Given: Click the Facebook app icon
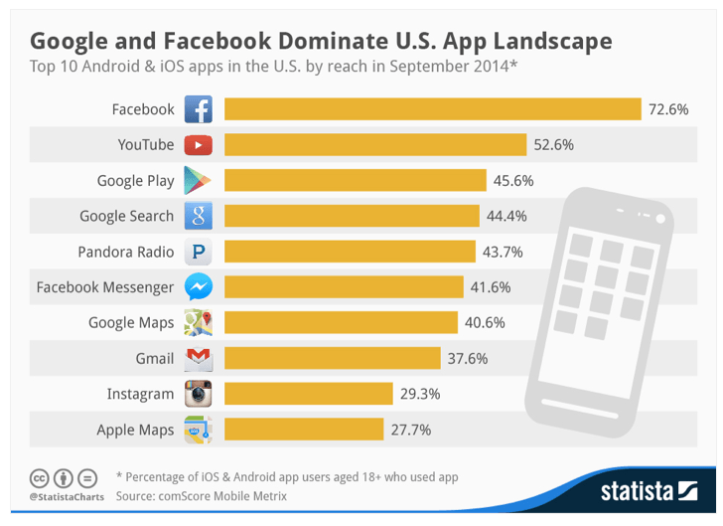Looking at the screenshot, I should (x=199, y=109).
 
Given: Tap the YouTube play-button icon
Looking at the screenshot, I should (x=199, y=145).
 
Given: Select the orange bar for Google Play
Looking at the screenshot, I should (x=355, y=181).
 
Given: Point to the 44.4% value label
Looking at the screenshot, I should (x=505, y=216).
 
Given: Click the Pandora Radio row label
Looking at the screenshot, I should (x=126, y=252).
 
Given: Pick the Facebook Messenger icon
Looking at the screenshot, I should (x=199, y=287).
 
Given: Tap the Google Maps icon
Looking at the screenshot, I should (x=199, y=323).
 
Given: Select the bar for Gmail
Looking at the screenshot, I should (x=332, y=359).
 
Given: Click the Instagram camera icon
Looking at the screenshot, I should (x=199, y=395).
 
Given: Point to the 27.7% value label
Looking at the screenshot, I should (x=411, y=430).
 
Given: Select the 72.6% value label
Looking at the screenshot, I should (x=668, y=109).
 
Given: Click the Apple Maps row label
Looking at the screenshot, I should (x=135, y=430).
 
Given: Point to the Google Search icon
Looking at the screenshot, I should (x=199, y=216).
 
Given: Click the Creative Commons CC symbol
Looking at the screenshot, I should (x=39, y=476).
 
